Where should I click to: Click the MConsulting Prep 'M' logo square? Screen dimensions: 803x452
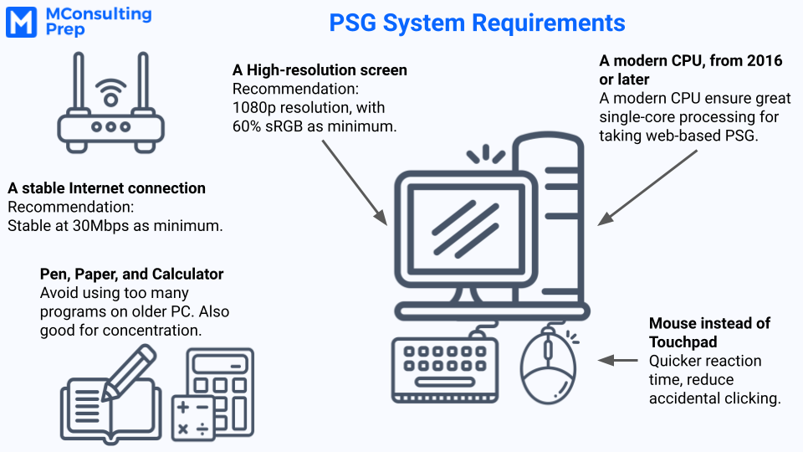21,22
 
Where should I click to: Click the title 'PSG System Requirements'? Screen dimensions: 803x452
477,23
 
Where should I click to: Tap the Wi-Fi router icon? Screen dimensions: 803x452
110,102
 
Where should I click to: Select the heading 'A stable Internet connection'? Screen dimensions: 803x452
106,188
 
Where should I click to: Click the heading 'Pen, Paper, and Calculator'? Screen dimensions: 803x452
131,275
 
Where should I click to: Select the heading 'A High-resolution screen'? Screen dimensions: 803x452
320,69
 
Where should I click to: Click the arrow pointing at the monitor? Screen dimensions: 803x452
355,182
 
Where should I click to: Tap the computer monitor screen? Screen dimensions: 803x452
466,230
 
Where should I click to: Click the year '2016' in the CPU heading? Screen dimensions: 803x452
765,60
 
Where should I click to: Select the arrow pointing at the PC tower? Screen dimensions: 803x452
647,187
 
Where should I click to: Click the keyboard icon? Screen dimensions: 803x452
445,369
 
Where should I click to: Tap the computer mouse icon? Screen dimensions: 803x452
548,366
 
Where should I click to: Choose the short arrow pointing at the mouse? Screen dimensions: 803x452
617,360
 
